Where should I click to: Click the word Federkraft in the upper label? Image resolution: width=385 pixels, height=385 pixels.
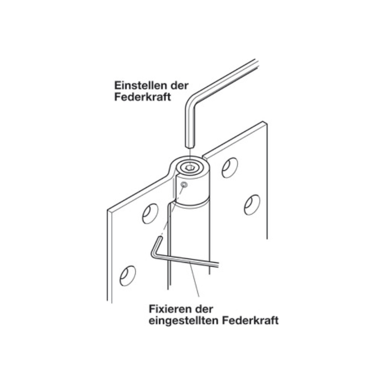tap(142, 97)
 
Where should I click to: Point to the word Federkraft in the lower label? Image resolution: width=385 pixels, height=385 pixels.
tap(250, 321)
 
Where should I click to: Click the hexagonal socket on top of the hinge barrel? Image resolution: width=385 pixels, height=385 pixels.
tap(190, 167)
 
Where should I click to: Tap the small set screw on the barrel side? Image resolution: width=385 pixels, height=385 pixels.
tap(184, 185)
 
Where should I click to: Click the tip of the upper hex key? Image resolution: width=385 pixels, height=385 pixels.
tap(190, 147)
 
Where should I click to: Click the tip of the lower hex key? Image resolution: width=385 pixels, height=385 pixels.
tap(160, 238)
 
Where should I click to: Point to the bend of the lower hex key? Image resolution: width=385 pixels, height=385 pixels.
tap(154, 256)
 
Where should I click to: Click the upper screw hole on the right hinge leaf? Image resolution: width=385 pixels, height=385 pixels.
tap(230, 167)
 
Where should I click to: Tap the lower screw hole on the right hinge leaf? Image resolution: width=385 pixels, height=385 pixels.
tap(252, 205)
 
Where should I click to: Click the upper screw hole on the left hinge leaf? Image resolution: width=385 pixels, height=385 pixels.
tap(150, 214)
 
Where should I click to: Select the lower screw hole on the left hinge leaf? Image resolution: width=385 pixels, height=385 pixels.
tap(128, 276)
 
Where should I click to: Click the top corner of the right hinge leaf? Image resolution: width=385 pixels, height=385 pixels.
tap(263, 122)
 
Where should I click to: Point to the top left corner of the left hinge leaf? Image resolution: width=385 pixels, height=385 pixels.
tap(107, 210)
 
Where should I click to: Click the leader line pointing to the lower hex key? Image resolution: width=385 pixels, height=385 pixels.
tap(194, 280)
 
